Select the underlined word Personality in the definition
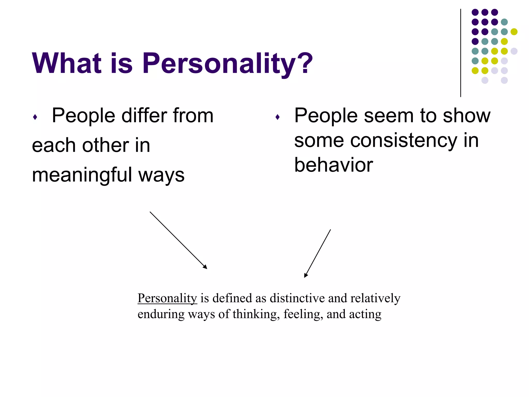coord(167,299)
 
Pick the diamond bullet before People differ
coord(35,117)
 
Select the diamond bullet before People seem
coord(277,117)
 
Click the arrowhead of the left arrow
coord(205,267)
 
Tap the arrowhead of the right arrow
coord(306,276)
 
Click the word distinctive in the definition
coord(297,298)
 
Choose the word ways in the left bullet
coord(161,175)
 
